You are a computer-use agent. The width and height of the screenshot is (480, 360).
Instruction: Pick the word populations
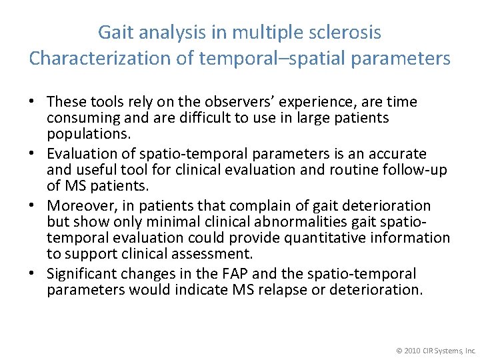[87, 133]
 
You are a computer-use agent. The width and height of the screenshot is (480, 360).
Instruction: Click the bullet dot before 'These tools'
[32, 103]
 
